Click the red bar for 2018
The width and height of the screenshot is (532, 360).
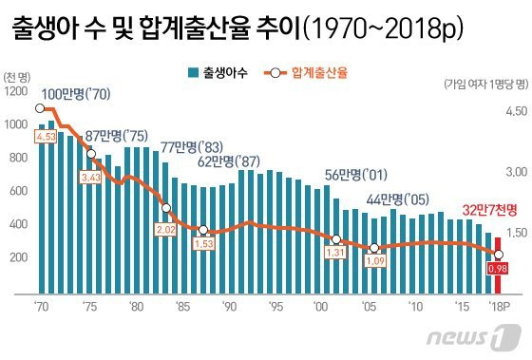click(x=498, y=265)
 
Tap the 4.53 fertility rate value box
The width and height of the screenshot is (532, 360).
click(x=46, y=137)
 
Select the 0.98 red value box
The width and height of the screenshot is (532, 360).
click(x=498, y=269)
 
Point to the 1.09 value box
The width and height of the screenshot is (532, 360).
click(x=375, y=260)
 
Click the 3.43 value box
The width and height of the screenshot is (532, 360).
click(x=91, y=178)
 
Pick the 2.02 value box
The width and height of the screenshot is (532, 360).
click(x=166, y=230)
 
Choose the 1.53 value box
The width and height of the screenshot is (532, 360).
click(x=204, y=243)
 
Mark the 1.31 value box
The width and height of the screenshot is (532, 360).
click(x=335, y=253)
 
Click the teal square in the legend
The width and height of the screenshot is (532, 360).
click(x=193, y=72)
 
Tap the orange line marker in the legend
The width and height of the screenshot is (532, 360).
click(x=275, y=72)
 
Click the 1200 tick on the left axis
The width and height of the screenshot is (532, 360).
click(x=16, y=91)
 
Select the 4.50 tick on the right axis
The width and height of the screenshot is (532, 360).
click(x=517, y=111)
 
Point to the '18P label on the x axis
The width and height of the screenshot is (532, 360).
click(x=499, y=307)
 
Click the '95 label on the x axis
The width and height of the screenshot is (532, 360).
click(x=275, y=307)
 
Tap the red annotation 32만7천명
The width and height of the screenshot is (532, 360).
click(x=489, y=210)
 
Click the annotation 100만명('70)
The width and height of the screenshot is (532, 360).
click(x=76, y=94)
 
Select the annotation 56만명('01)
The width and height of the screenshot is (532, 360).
click(x=356, y=175)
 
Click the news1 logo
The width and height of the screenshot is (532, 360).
click(x=474, y=337)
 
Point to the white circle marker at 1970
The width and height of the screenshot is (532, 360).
click(x=40, y=108)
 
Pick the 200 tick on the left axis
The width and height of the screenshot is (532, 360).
click(x=18, y=257)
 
